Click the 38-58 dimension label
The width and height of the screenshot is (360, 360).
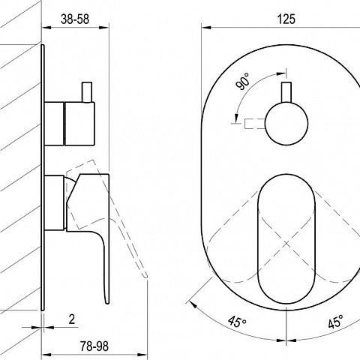coord(75,19)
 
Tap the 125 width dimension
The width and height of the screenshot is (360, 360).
coord(286,19)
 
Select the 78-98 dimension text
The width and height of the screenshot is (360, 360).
coord(94,346)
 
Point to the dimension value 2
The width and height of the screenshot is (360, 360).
coord(72,319)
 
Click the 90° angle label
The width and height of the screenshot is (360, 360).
coord(243,82)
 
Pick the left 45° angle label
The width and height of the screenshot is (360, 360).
coord(237,321)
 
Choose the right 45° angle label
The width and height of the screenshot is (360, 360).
coord(335,322)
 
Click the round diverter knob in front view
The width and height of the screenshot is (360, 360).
coord(286,124)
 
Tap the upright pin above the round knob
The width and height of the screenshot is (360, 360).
coord(286,92)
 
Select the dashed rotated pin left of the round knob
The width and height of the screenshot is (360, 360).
coord(254,124)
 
